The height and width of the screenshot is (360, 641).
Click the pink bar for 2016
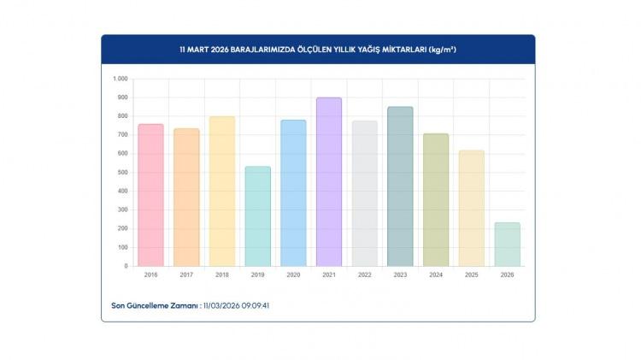[x=150, y=195]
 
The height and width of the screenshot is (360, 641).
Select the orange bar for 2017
[x=186, y=198]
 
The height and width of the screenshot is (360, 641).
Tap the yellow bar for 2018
[x=222, y=192]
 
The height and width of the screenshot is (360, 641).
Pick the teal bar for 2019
[x=257, y=216]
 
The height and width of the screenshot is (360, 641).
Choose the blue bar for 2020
[x=293, y=193]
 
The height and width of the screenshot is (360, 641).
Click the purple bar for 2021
[x=329, y=182]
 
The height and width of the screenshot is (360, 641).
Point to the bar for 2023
[x=400, y=186]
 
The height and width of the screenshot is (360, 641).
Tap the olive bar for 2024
[x=436, y=200]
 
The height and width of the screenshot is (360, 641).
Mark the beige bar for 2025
[x=471, y=209]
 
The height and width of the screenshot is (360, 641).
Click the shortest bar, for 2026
[x=507, y=245]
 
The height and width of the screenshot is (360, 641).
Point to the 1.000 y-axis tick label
[x=120, y=79]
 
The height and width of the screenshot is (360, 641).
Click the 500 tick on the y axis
[x=121, y=173]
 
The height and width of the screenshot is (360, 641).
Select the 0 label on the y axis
[x=125, y=266]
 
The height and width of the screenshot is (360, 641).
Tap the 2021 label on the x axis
[x=329, y=274]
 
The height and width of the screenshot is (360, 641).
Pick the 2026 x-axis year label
[x=507, y=274]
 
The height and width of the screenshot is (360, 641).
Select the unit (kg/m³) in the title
[x=442, y=50]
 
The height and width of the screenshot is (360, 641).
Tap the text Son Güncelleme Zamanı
[x=155, y=305]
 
